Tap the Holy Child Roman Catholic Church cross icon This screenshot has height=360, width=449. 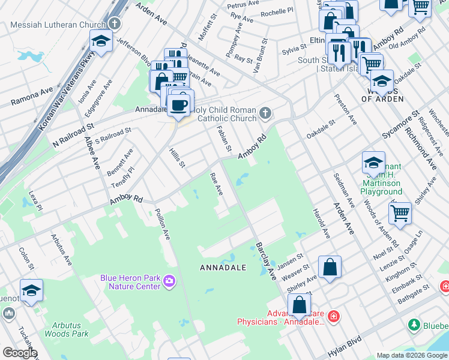click(265, 113)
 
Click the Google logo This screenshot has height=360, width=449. click(20, 353)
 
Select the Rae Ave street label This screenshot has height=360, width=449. click(216, 184)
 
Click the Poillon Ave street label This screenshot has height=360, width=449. click(163, 224)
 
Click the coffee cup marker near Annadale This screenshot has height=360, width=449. click(178, 105)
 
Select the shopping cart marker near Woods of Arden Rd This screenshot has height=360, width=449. click(400, 211)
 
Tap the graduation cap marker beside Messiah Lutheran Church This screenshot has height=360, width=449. click(101, 41)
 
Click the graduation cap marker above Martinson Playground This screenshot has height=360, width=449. click(373, 162)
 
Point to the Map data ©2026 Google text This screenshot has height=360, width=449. click(411, 355)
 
